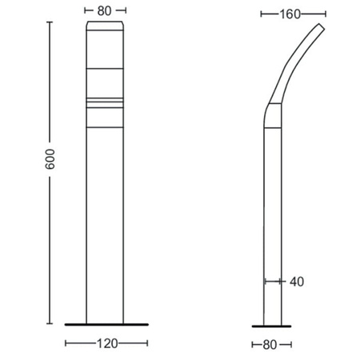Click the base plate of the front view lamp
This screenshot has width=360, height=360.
[x=106, y=324]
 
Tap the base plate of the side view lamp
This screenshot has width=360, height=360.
[x=272, y=324]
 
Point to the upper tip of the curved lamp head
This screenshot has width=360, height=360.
[x=322, y=29]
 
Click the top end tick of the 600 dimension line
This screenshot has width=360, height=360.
[x=50, y=22]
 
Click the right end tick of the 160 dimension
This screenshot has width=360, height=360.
[x=326, y=14]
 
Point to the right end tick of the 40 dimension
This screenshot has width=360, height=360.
[x=282, y=282]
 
